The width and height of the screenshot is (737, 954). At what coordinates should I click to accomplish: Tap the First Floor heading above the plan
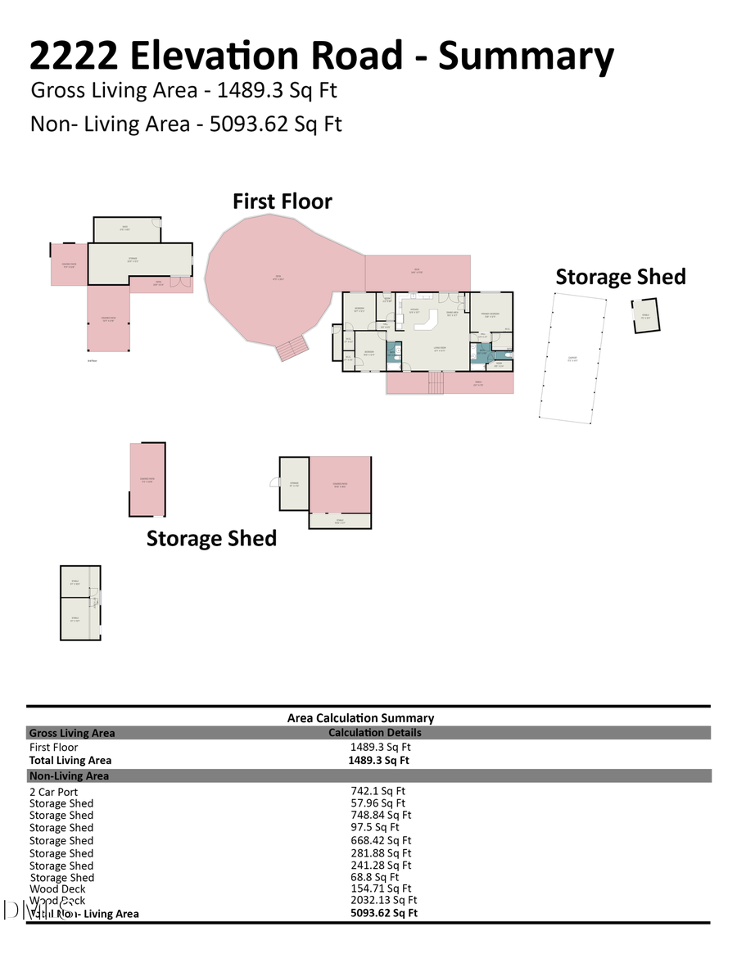(x=283, y=201)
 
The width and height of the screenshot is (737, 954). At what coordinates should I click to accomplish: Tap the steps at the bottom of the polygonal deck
(x=292, y=350)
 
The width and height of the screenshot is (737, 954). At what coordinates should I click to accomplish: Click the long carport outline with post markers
(x=572, y=358)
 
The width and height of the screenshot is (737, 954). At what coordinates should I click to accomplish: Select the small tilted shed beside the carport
(x=644, y=316)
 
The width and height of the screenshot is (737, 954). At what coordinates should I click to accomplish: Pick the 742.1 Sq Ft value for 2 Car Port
(x=378, y=791)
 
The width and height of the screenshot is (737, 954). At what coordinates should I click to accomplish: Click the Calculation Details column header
(x=375, y=733)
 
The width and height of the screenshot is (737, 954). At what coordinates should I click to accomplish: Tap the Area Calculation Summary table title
(x=360, y=718)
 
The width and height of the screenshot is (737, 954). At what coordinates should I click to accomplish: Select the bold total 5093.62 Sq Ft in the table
(x=383, y=913)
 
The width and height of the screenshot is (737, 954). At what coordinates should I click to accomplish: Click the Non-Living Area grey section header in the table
(x=69, y=775)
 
